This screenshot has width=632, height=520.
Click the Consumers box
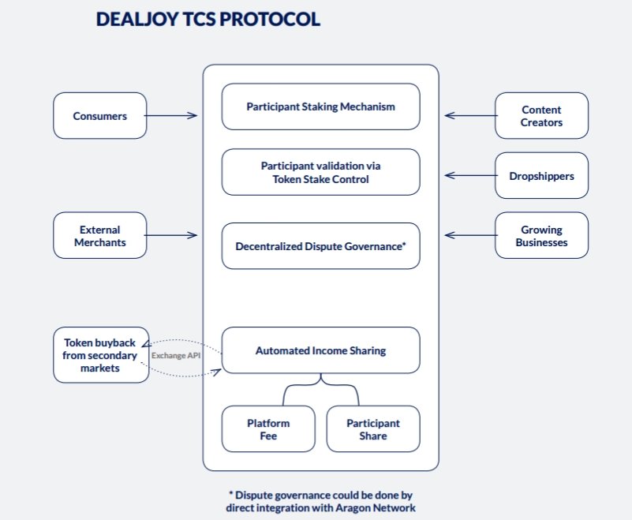[x=100, y=116]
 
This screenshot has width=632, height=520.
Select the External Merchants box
[x=100, y=235]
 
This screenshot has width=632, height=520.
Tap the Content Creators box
[x=542, y=116]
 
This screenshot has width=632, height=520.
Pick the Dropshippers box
[x=542, y=175]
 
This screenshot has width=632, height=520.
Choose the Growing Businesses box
[x=542, y=235]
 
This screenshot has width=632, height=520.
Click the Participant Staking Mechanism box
[x=321, y=107]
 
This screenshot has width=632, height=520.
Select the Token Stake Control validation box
[x=321, y=172]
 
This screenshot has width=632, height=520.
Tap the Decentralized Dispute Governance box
[x=321, y=246]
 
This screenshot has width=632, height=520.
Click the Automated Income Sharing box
[x=321, y=350]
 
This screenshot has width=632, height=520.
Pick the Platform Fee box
[x=268, y=429]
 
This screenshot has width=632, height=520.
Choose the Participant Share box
[x=373, y=429]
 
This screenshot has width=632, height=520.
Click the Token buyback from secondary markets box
[x=101, y=355]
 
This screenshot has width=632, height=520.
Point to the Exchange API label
[x=176, y=356]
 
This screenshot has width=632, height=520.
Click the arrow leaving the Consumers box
[x=171, y=116]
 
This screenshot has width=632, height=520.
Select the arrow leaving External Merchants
[x=171, y=235]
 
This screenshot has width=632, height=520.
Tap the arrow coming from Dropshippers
[x=471, y=175]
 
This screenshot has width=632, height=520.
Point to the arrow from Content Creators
[x=471, y=116]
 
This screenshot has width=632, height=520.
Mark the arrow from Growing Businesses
[x=471, y=235]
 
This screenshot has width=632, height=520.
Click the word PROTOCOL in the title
[x=270, y=20]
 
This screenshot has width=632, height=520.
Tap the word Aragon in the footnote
[x=355, y=507]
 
